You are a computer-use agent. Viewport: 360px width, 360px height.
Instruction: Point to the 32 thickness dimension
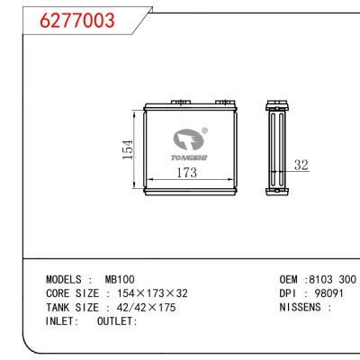pos(301,165)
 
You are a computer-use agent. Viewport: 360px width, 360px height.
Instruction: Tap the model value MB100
pos(119,280)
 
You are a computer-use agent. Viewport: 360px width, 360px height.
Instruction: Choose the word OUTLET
pos(114,320)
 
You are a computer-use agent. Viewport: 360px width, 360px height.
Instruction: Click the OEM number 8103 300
pos(333,280)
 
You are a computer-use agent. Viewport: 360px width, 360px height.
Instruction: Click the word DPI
pos(290,293)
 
